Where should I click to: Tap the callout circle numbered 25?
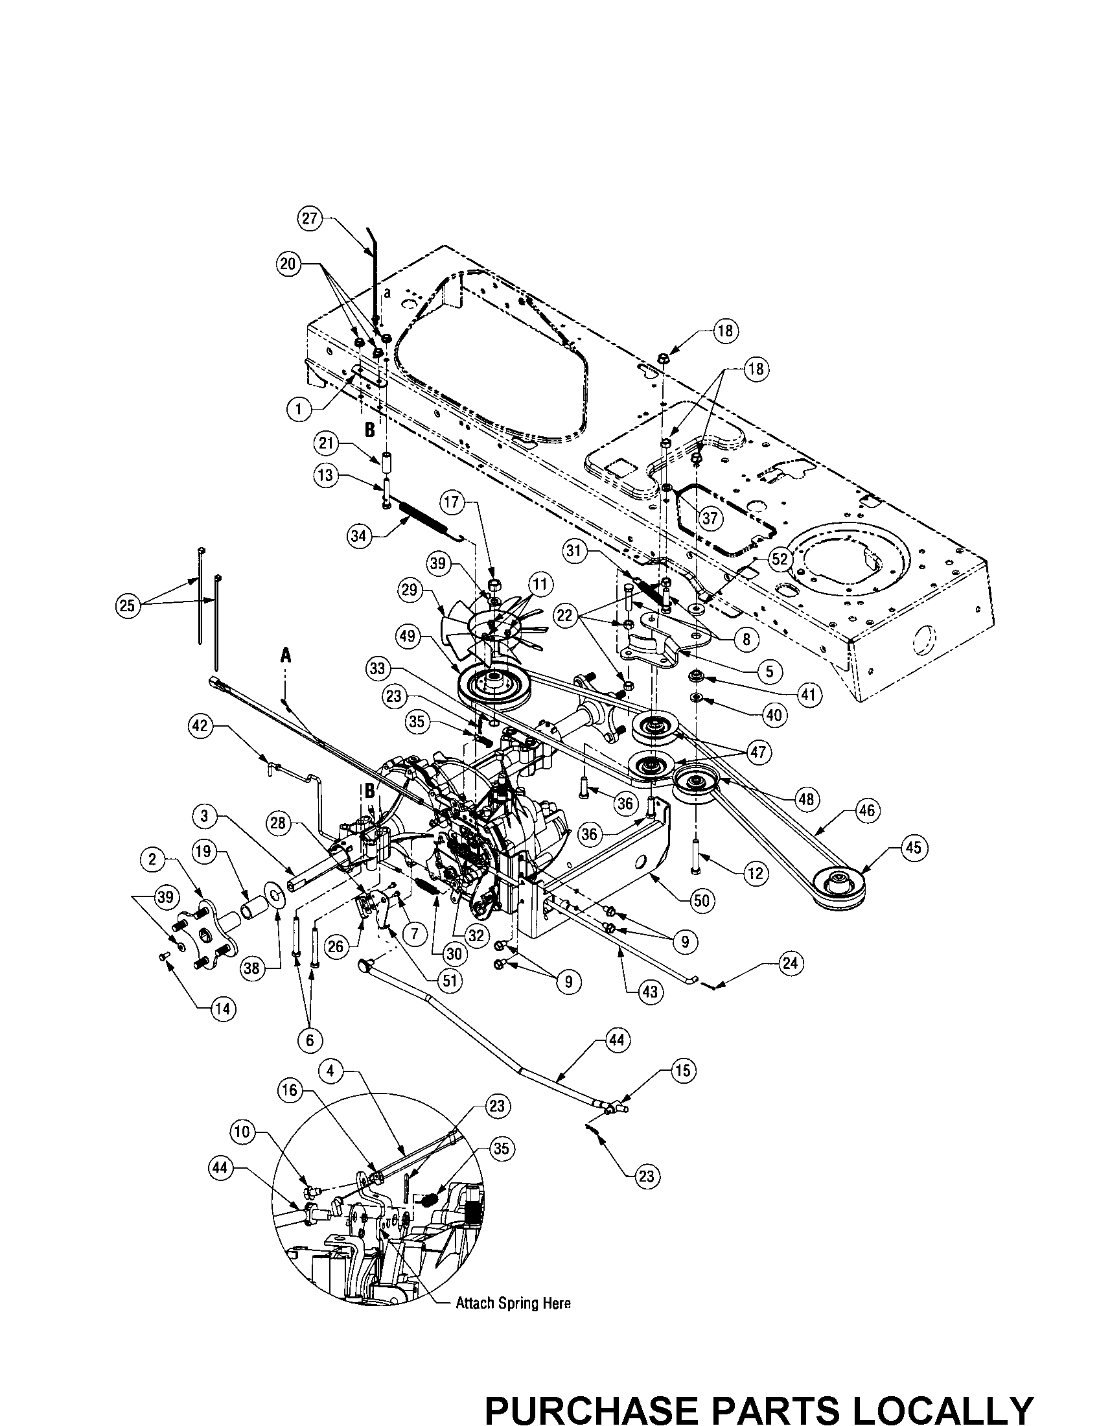[x=126, y=605]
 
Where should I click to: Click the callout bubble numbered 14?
[x=222, y=1008]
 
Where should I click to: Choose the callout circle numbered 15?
[x=682, y=1071]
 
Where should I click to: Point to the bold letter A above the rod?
[x=285, y=656]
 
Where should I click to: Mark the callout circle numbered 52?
[x=781, y=558]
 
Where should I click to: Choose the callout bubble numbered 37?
[x=710, y=518]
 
